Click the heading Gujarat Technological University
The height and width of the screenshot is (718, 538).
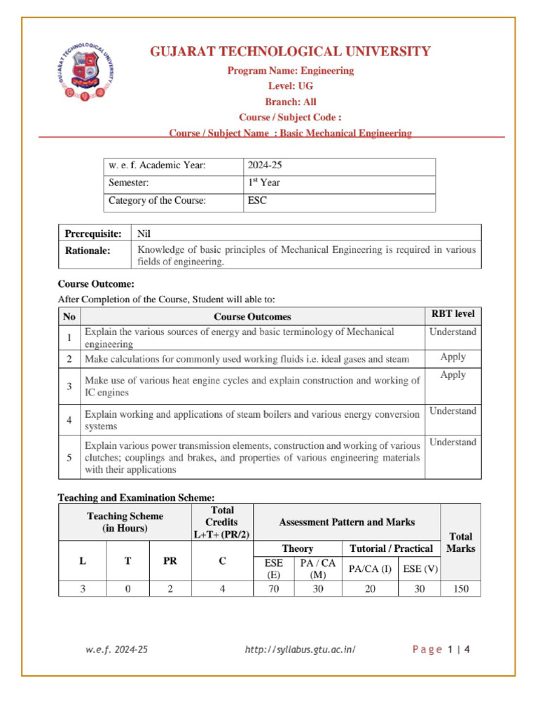(290, 52)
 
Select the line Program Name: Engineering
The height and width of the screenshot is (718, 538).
(289, 71)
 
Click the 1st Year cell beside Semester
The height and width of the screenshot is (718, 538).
(263, 184)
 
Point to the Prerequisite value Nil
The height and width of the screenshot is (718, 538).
(144, 233)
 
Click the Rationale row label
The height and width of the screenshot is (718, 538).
(88, 250)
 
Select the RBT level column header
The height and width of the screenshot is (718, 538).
(453, 313)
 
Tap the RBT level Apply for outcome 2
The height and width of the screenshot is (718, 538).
(453, 357)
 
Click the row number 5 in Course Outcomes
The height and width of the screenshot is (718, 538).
(69, 457)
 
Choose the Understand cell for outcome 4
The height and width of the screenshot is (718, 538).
(453, 412)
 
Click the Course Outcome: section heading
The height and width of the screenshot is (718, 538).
(95, 285)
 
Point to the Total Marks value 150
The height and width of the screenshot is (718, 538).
(460, 590)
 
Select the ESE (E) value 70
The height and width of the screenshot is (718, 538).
(273, 590)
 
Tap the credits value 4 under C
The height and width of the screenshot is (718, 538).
(222, 590)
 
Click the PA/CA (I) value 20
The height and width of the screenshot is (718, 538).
(369, 590)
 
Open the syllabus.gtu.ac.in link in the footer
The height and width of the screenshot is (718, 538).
(301, 649)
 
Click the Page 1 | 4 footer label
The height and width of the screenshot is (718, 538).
(441, 649)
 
